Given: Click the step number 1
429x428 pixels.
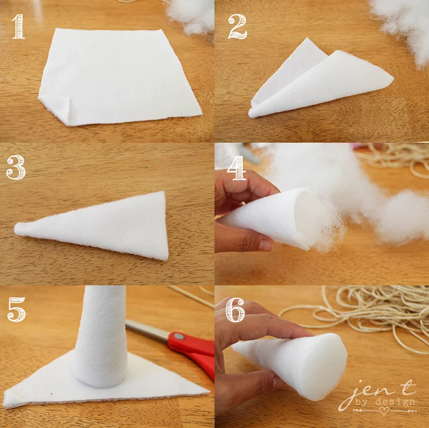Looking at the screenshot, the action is point(18,26).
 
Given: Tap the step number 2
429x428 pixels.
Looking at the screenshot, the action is point(238,26).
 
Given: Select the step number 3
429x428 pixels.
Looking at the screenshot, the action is point(16,167).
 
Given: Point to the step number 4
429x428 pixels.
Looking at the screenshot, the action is point(237,168).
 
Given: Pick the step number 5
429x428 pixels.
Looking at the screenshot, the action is point(17,309).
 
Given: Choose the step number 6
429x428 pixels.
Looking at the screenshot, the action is point(235,310).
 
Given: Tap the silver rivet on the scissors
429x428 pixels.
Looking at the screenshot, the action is point(179,336).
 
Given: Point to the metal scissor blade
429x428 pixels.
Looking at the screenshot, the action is point(148,329).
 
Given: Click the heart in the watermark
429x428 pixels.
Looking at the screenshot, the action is point(384,411).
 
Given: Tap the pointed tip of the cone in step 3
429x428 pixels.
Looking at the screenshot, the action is point(15,228).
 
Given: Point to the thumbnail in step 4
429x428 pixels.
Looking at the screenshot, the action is point(265,245).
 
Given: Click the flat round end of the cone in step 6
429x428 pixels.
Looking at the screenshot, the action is point(324,367).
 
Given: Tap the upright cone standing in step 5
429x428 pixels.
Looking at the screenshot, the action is point(101,336).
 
